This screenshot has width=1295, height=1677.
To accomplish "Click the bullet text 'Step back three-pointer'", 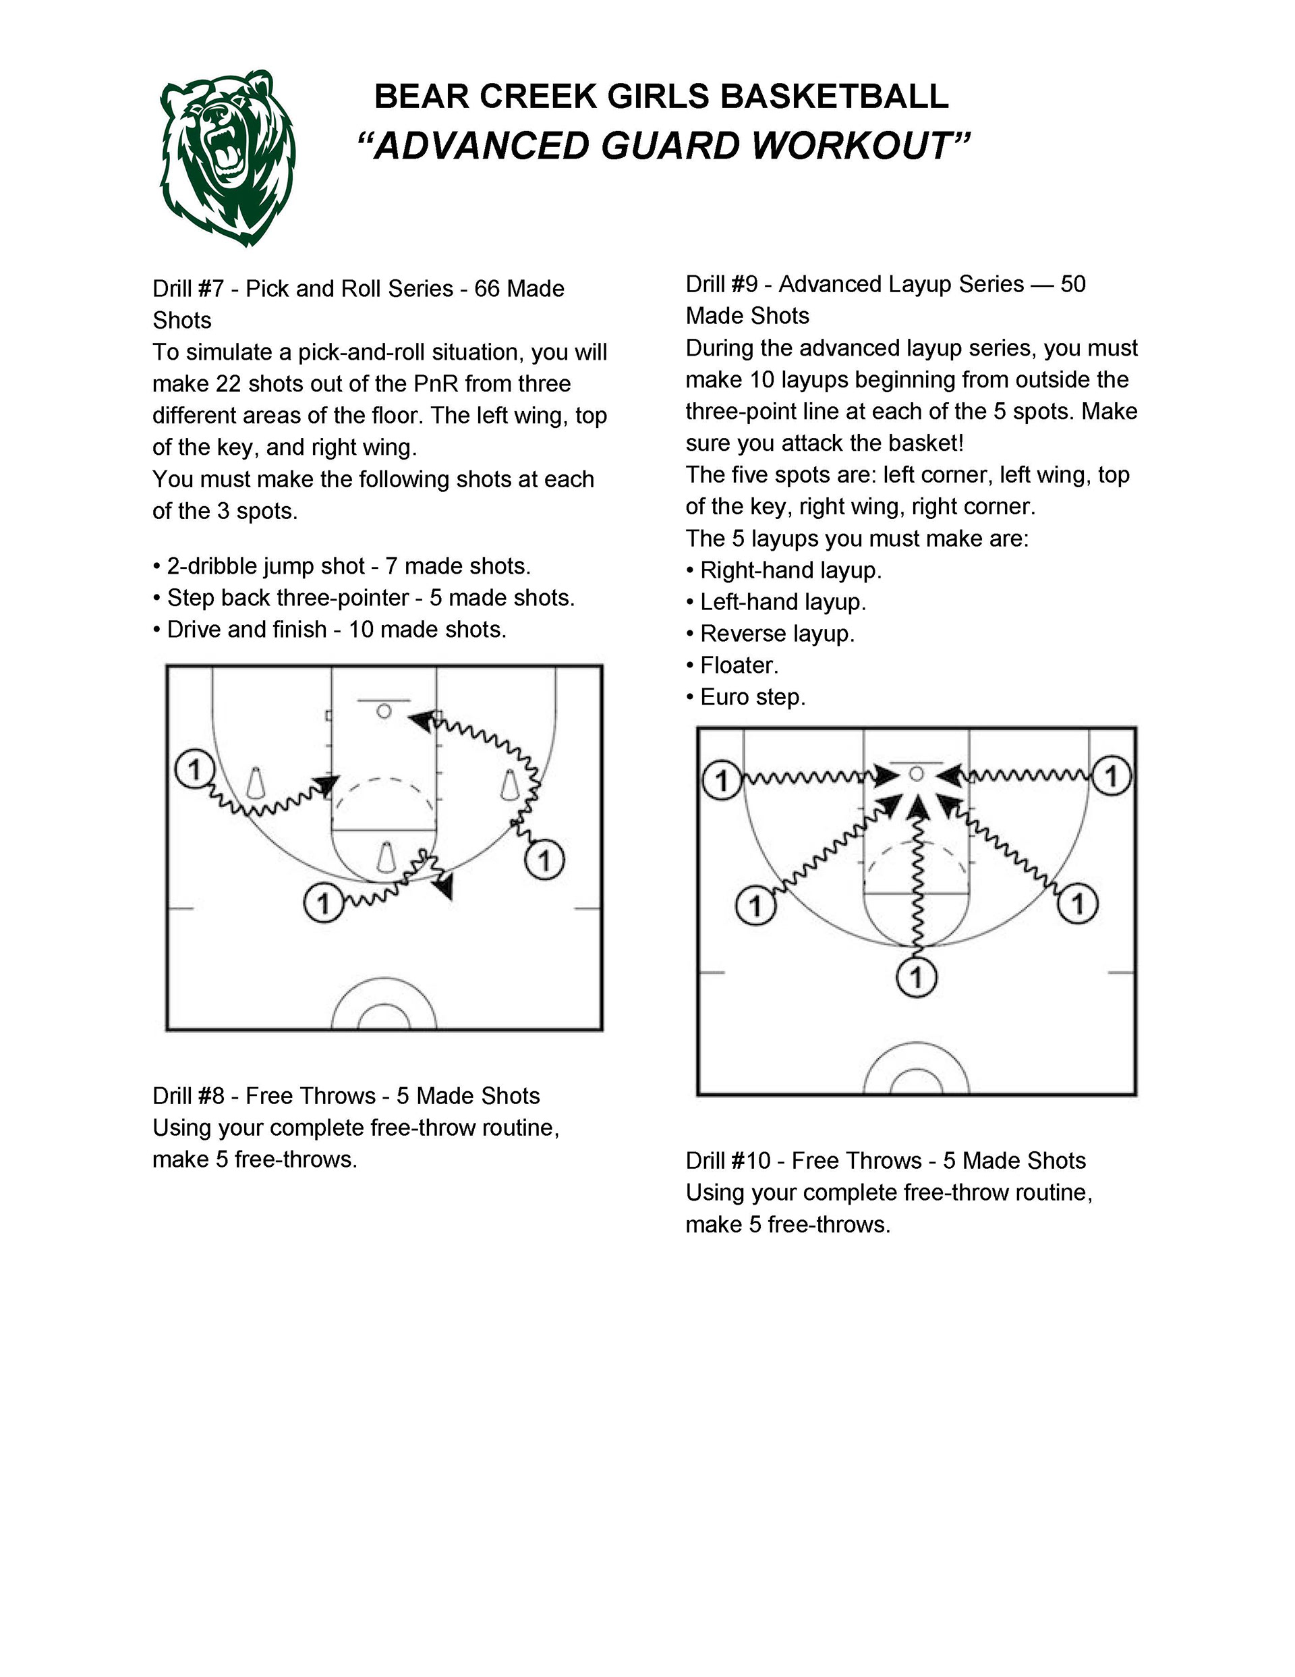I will tap(288, 597).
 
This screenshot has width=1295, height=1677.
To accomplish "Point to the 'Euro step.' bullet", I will tap(752, 697).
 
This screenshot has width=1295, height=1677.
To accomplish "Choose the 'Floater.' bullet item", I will tap(739, 665).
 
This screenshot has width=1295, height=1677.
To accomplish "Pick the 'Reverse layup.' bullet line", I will tap(777, 634).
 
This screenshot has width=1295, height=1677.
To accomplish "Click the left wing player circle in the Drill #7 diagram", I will tap(194, 768).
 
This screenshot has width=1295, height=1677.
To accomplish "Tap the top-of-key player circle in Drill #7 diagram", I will tap(323, 902).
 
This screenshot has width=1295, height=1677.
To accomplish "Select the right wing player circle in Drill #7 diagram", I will tap(544, 859).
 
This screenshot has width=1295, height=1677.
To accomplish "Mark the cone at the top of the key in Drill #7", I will tap(386, 857).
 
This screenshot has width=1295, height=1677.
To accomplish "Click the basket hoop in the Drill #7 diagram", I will tap(384, 711).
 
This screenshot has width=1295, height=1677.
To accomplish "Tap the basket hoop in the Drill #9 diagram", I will tap(916, 774).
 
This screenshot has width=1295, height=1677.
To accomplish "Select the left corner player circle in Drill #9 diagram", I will tap(722, 780).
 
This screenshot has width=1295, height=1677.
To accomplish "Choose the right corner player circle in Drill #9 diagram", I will tap(1111, 775).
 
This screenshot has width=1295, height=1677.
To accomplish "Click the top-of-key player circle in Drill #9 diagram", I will tap(917, 977).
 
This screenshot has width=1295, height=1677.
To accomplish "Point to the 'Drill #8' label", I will tap(188, 1096).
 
